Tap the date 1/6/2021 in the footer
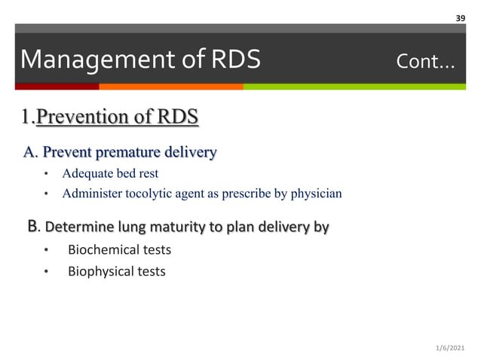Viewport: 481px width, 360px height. (452, 347)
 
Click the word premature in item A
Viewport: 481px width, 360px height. (115, 153)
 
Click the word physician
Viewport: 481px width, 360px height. (315, 194)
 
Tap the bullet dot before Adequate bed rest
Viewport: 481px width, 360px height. (45, 175)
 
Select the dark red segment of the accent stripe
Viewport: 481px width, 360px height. (50, 87)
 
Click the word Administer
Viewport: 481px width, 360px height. (88, 194)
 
